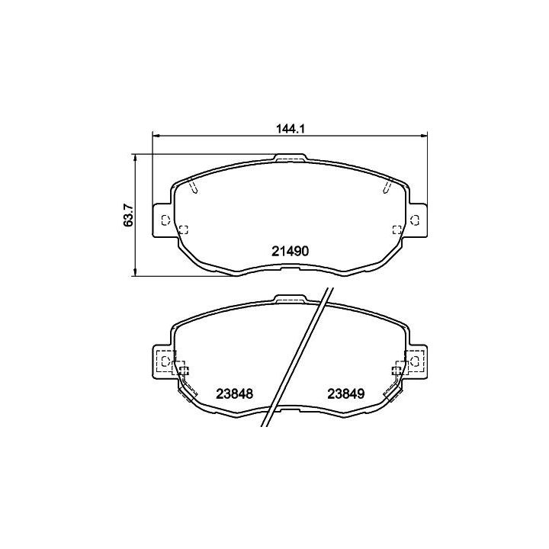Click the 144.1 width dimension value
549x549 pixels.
tap(291, 129)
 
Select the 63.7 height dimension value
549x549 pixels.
tap(129, 215)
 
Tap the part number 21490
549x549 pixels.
tap(291, 251)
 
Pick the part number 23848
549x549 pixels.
tap(234, 394)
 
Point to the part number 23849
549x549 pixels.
tap(346, 394)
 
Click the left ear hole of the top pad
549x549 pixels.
tap(165, 220)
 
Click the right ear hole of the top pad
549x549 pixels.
tap(415, 220)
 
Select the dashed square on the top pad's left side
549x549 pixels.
tap(184, 230)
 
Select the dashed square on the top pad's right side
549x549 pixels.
tap(397, 230)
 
